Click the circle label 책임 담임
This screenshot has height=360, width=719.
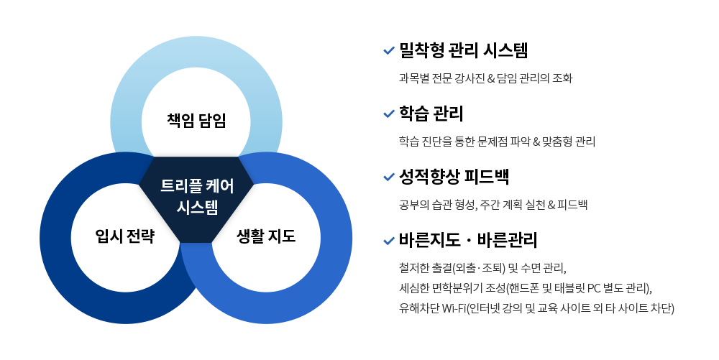click(196, 121)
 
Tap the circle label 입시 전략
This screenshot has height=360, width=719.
click(124, 236)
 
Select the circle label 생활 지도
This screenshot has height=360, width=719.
click(266, 236)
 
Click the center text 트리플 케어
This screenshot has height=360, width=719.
click(197, 186)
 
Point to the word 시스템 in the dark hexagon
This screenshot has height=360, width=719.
click(197, 207)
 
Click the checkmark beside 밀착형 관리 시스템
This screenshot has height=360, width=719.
click(389, 50)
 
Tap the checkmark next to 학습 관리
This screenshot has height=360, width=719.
click(389, 114)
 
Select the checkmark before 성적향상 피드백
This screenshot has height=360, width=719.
click(389, 177)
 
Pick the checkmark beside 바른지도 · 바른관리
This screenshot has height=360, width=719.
click(389, 241)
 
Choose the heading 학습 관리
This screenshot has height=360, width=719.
click(431, 113)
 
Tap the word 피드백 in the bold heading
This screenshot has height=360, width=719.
click(487, 176)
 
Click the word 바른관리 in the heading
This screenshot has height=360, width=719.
click(507, 240)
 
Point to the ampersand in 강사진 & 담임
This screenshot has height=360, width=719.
click(490, 78)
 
